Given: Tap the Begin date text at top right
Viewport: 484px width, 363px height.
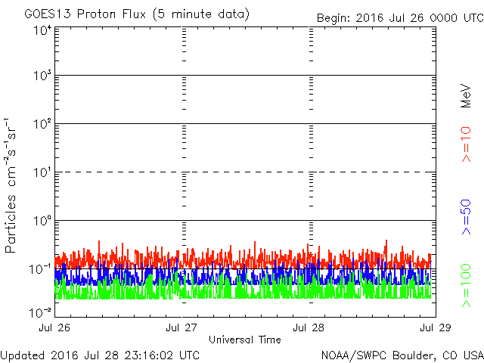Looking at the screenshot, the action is coord(400,18).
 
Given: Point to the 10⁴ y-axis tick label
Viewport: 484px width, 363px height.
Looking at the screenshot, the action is coord(43,30).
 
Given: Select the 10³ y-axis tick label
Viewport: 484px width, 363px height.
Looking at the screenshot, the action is coord(43,75).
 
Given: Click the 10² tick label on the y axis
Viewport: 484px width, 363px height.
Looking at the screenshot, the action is coord(43,123).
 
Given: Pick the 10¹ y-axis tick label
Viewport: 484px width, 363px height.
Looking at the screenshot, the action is coord(43,172).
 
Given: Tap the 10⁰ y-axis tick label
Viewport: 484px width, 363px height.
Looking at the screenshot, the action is coord(43,220).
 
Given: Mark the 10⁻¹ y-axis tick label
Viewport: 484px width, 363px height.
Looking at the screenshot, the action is coord(40,269).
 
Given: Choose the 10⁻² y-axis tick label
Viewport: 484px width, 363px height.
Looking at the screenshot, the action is coord(40,312).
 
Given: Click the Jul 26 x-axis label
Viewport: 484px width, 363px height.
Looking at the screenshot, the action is coord(54,327).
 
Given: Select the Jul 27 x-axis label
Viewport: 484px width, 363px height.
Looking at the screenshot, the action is coord(181,327).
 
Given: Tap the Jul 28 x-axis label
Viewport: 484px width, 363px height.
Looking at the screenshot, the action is coord(309,327).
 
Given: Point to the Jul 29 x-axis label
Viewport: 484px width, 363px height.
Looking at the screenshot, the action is coord(436,327).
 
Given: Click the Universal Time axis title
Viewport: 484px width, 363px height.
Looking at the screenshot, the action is coord(245,340).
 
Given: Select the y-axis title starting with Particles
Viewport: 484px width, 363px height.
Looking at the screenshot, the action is coord(10,185).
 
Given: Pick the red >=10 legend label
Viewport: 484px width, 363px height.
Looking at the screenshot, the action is coord(466,144).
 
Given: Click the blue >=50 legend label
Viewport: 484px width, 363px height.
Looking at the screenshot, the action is coord(466,217).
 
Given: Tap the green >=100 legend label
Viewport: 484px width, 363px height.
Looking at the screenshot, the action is coord(466,286).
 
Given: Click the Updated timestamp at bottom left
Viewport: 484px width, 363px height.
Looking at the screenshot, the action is coord(100,355).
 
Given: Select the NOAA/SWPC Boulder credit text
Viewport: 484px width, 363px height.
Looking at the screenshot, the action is coord(402,355).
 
